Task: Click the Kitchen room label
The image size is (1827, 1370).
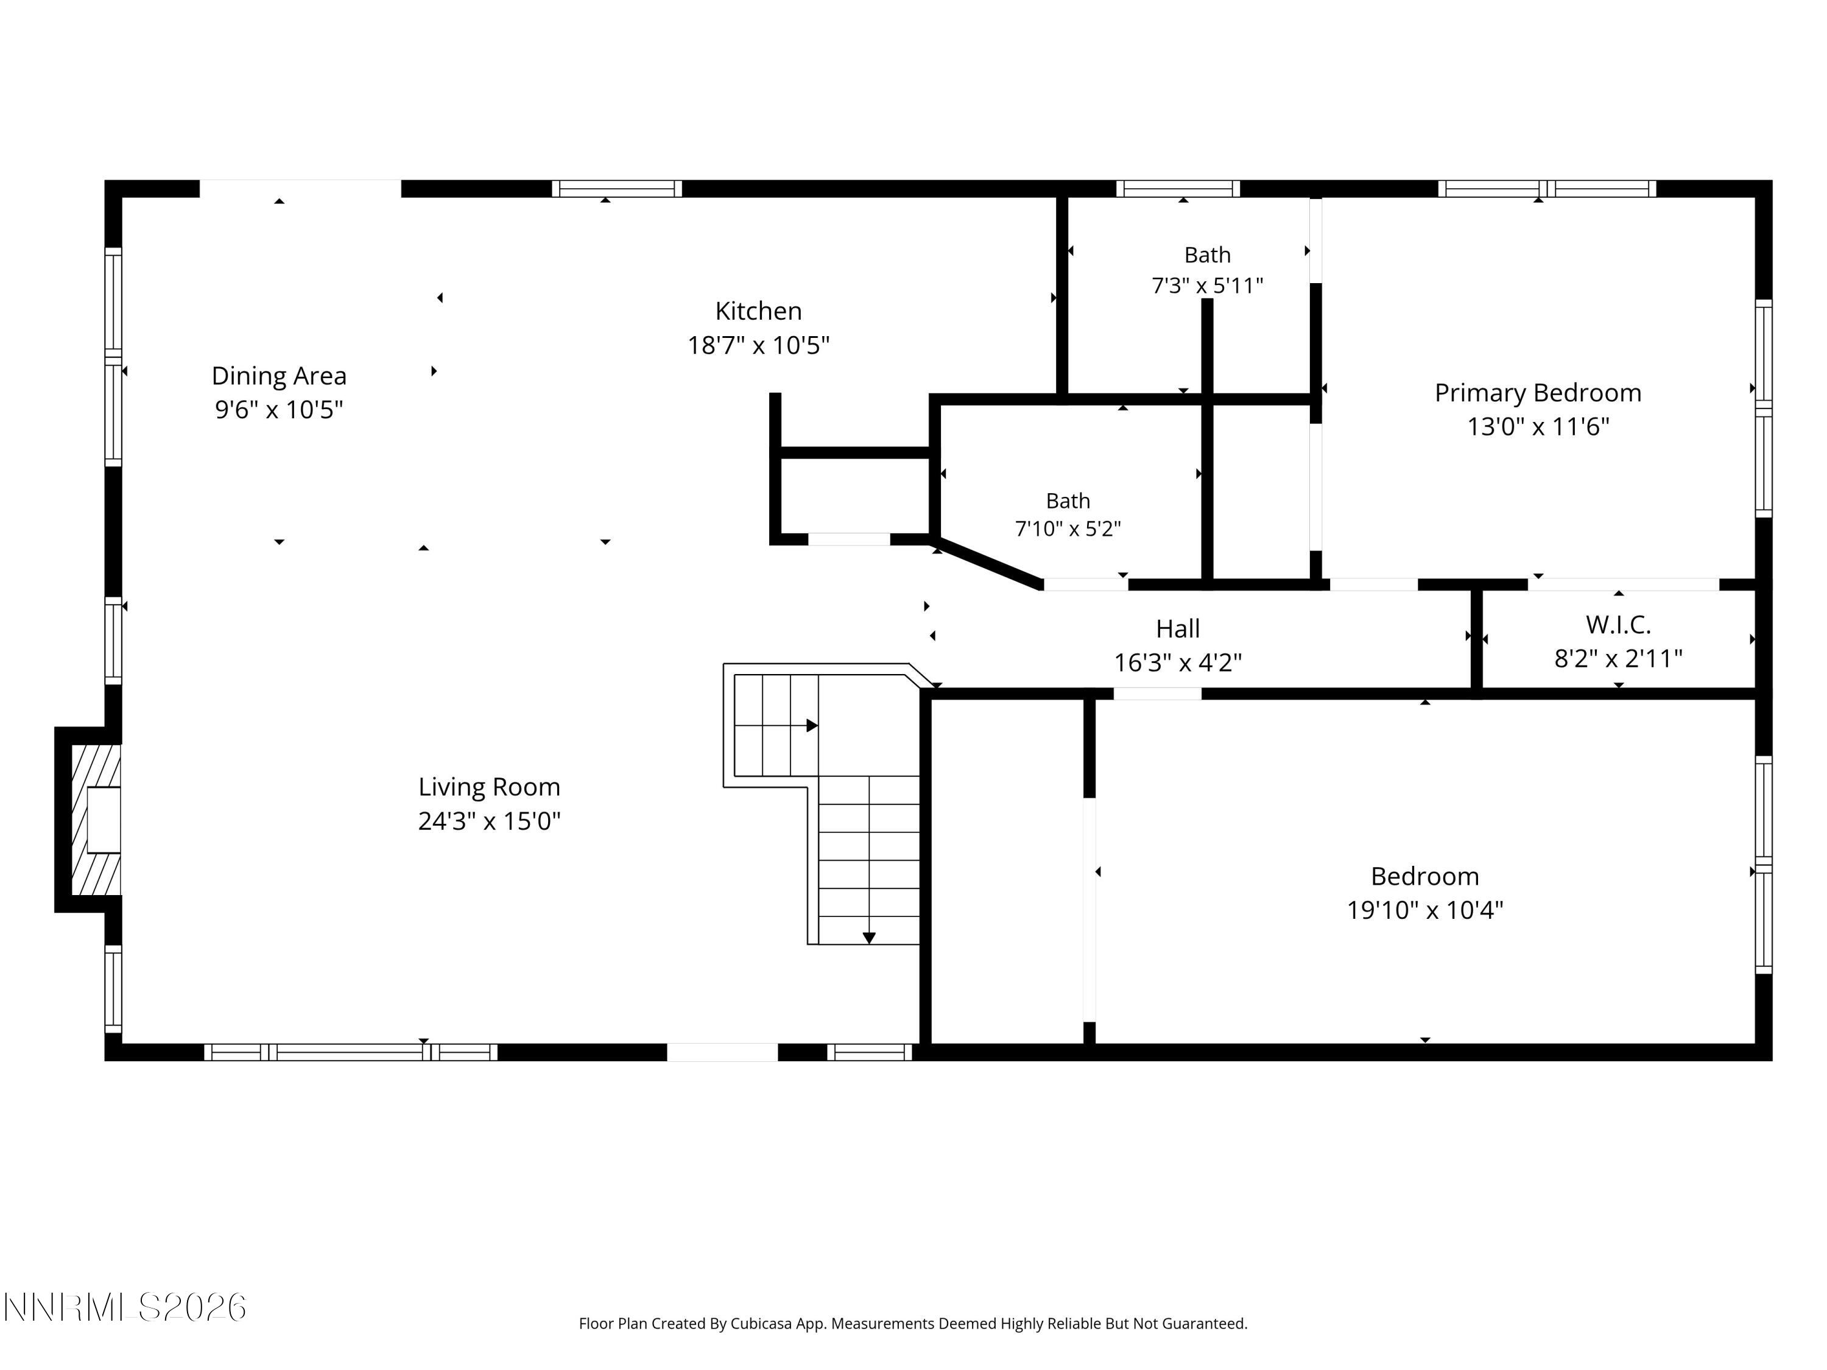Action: pyautogui.click(x=758, y=311)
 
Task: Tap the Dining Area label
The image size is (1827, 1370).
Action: pyautogui.click(x=279, y=376)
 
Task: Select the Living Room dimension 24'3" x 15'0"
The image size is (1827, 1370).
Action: pyautogui.click(x=489, y=821)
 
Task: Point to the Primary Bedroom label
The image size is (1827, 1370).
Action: pyautogui.click(x=1538, y=393)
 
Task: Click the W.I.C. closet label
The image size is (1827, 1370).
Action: pyautogui.click(x=1618, y=625)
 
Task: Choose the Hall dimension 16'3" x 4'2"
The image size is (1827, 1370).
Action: pyautogui.click(x=1178, y=662)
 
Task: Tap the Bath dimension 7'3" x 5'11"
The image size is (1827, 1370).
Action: pyautogui.click(x=1208, y=286)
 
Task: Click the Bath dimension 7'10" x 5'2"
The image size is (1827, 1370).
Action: pyautogui.click(x=1068, y=529)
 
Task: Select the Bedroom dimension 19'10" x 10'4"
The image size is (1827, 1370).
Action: pyautogui.click(x=1425, y=910)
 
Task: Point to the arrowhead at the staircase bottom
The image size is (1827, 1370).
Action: pyautogui.click(x=869, y=938)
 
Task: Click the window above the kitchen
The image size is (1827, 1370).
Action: pyautogui.click(x=617, y=188)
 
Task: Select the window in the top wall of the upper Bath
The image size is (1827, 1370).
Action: pyautogui.click(x=1178, y=188)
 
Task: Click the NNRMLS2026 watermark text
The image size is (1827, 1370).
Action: pyautogui.click(x=125, y=1307)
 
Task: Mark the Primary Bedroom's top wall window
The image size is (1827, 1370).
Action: pyautogui.click(x=1547, y=188)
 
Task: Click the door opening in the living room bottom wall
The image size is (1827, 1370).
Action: pyautogui.click(x=723, y=1052)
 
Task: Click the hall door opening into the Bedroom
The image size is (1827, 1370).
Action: pyautogui.click(x=1157, y=694)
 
